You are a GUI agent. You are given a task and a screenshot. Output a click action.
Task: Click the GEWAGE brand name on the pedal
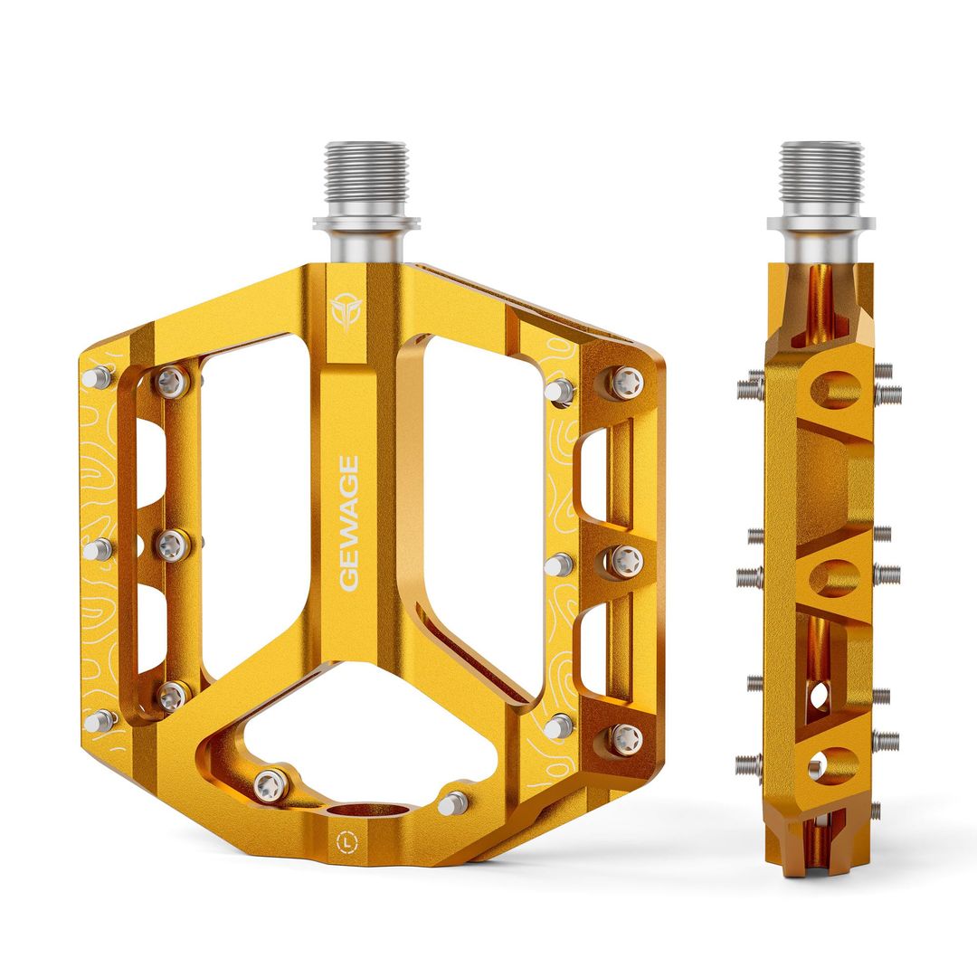coord(349,524)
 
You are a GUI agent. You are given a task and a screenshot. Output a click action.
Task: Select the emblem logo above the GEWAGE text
coord(345,311)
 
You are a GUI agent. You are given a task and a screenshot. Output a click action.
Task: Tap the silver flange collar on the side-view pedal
coord(821,223)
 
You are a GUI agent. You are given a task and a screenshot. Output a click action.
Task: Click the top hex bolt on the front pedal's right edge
coord(626,383)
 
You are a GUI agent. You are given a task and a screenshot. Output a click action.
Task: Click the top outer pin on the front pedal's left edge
coord(97,377)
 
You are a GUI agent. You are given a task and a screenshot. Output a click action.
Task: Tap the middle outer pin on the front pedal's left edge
coord(98,549)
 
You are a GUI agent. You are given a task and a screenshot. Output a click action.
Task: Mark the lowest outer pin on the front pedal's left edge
coord(99,721)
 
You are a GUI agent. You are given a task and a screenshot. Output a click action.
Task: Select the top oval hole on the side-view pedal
coord(835,389)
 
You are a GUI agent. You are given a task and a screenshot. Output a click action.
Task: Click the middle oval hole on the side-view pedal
coord(835,577)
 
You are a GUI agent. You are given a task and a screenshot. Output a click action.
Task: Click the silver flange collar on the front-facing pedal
coord(365,223)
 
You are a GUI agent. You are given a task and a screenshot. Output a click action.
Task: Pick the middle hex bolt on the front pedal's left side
coord(172,545)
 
